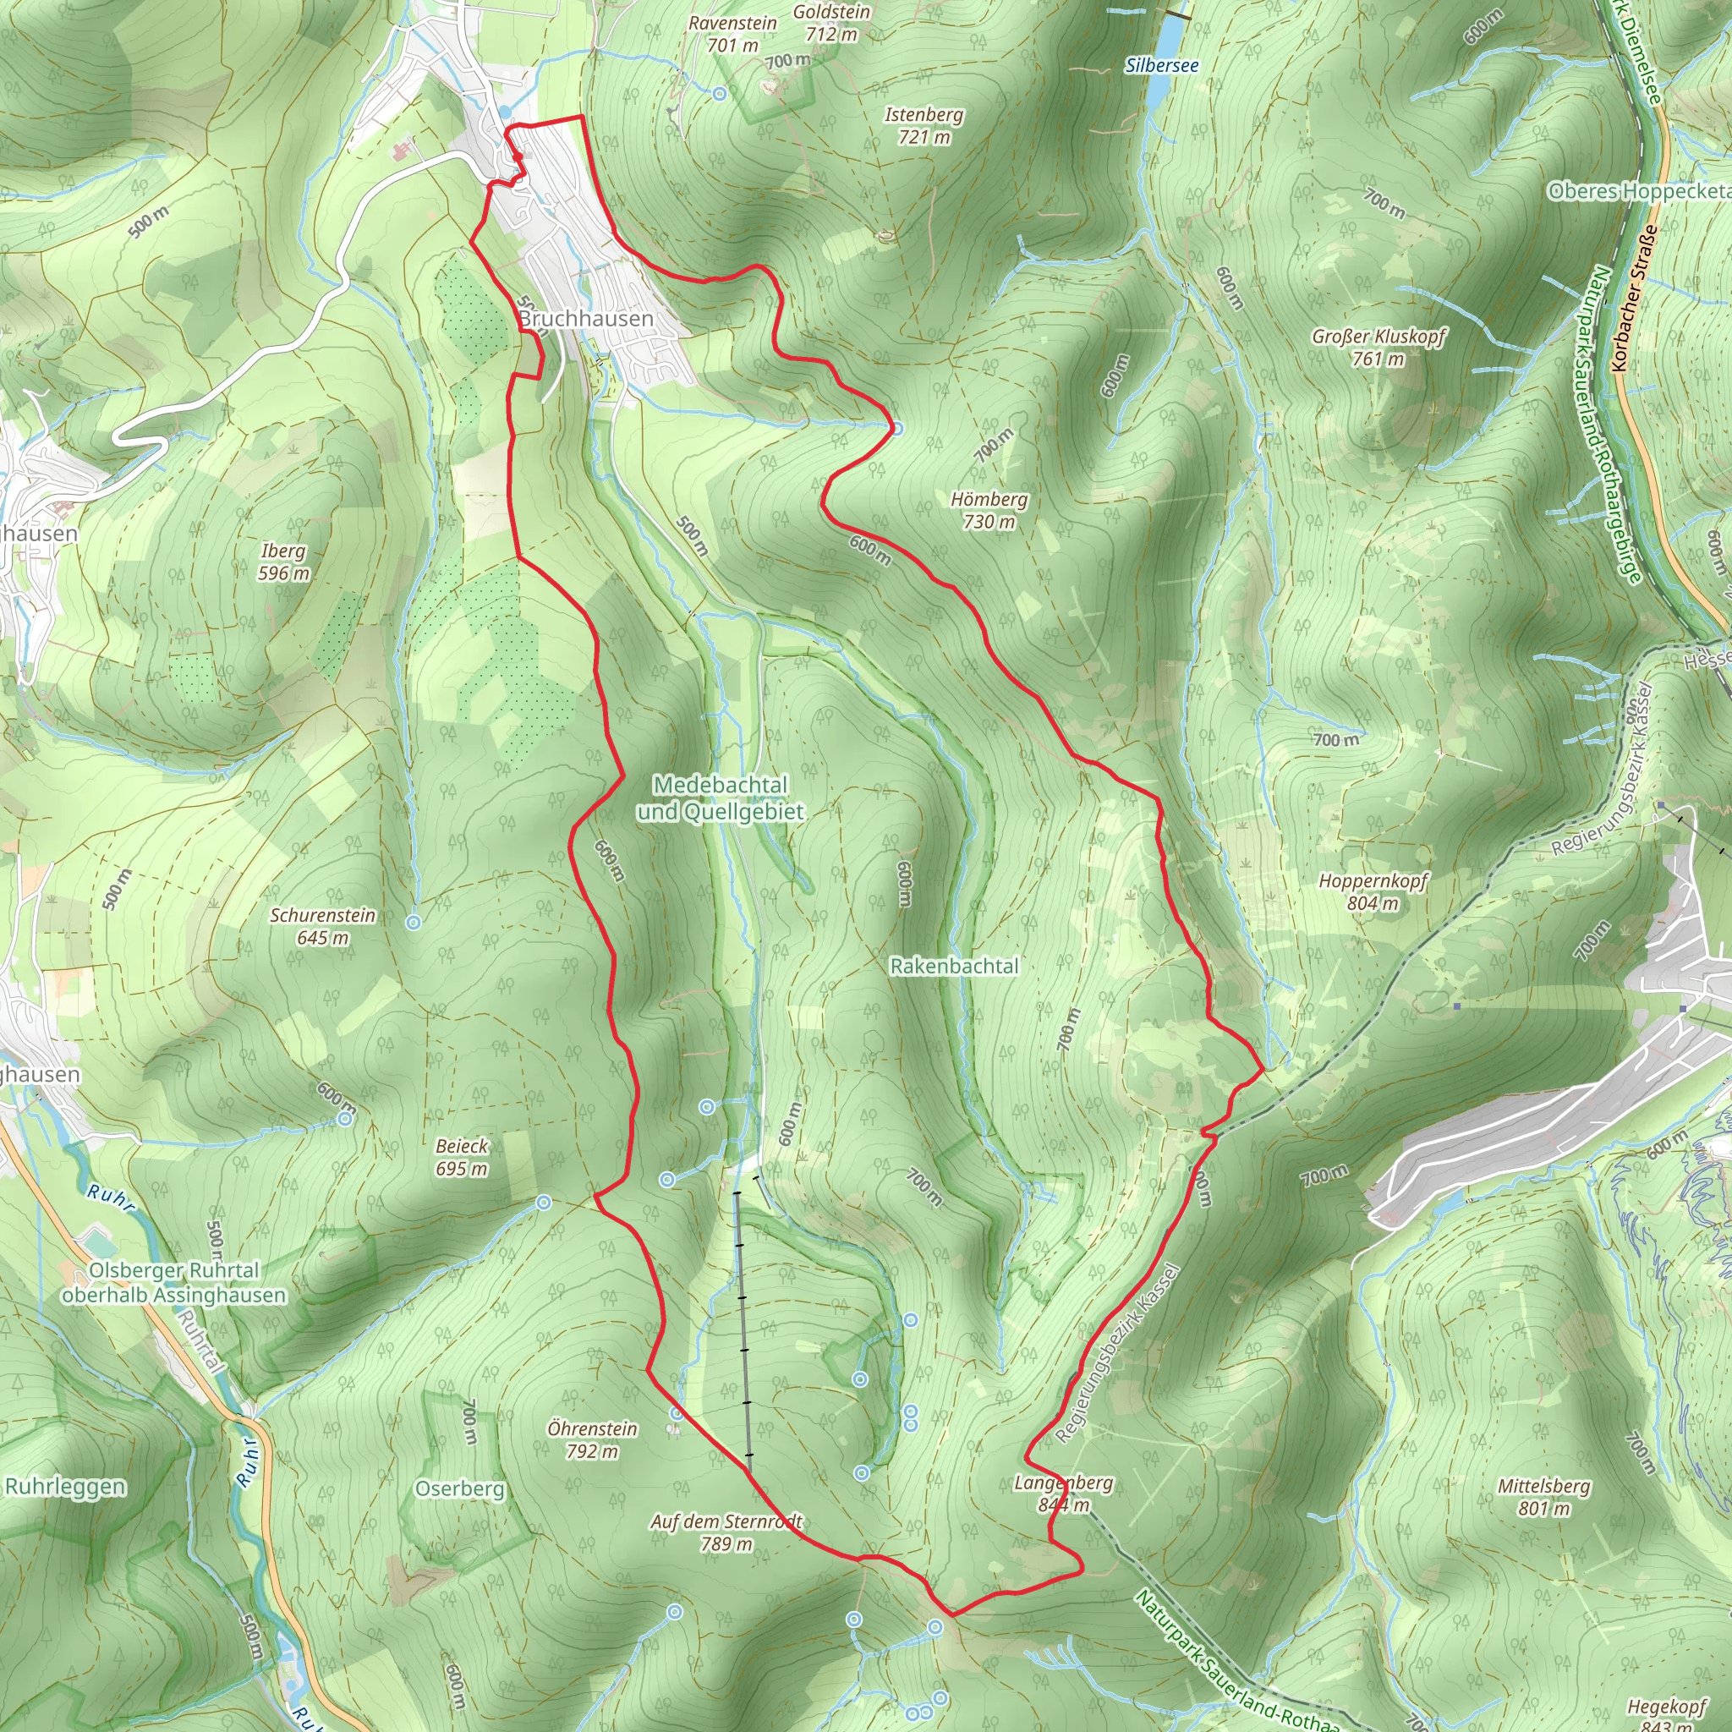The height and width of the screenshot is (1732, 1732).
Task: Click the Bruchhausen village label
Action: tap(586, 319)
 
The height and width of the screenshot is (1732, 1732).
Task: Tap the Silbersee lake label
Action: tap(1162, 65)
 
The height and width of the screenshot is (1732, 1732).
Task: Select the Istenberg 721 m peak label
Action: tap(924, 125)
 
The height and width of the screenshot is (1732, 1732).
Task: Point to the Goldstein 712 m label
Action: tap(831, 24)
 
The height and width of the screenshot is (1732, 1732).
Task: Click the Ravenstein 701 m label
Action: tap(732, 34)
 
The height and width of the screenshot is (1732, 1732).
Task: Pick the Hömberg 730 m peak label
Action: tap(989, 510)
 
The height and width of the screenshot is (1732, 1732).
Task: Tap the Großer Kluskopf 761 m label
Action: tap(1378, 347)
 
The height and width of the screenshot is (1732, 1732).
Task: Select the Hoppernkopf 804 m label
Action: tap(1373, 891)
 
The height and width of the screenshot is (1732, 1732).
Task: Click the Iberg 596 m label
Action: tap(283, 562)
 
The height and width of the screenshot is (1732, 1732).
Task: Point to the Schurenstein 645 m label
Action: tap(323, 926)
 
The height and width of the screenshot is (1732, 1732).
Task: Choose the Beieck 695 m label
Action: tap(462, 1156)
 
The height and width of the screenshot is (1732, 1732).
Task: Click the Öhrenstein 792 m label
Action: tap(593, 1439)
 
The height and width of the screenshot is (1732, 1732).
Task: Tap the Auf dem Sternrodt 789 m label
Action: tap(726, 1532)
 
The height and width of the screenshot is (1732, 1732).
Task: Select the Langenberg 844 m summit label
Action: tap(1063, 1494)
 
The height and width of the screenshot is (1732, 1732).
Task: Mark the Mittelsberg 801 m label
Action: tap(1543, 1497)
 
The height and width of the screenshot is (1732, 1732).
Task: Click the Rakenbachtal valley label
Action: tap(954, 967)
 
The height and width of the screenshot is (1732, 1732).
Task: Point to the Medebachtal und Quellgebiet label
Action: tap(721, 797)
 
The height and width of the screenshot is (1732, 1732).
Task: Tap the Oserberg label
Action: tap(459, 1488)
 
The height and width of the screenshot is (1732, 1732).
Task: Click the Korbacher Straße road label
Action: tap(1633, 299)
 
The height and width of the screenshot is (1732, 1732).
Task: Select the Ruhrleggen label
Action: tap(64, 1487)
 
